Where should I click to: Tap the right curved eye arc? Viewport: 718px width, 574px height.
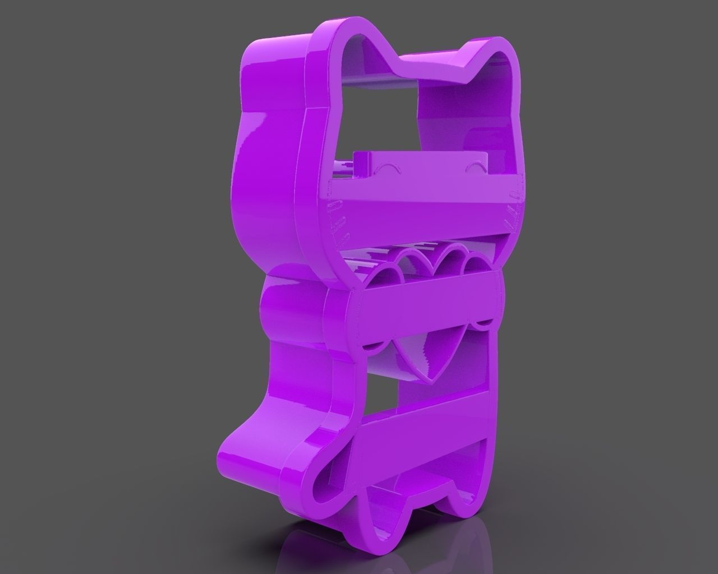[x=476, y=167]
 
